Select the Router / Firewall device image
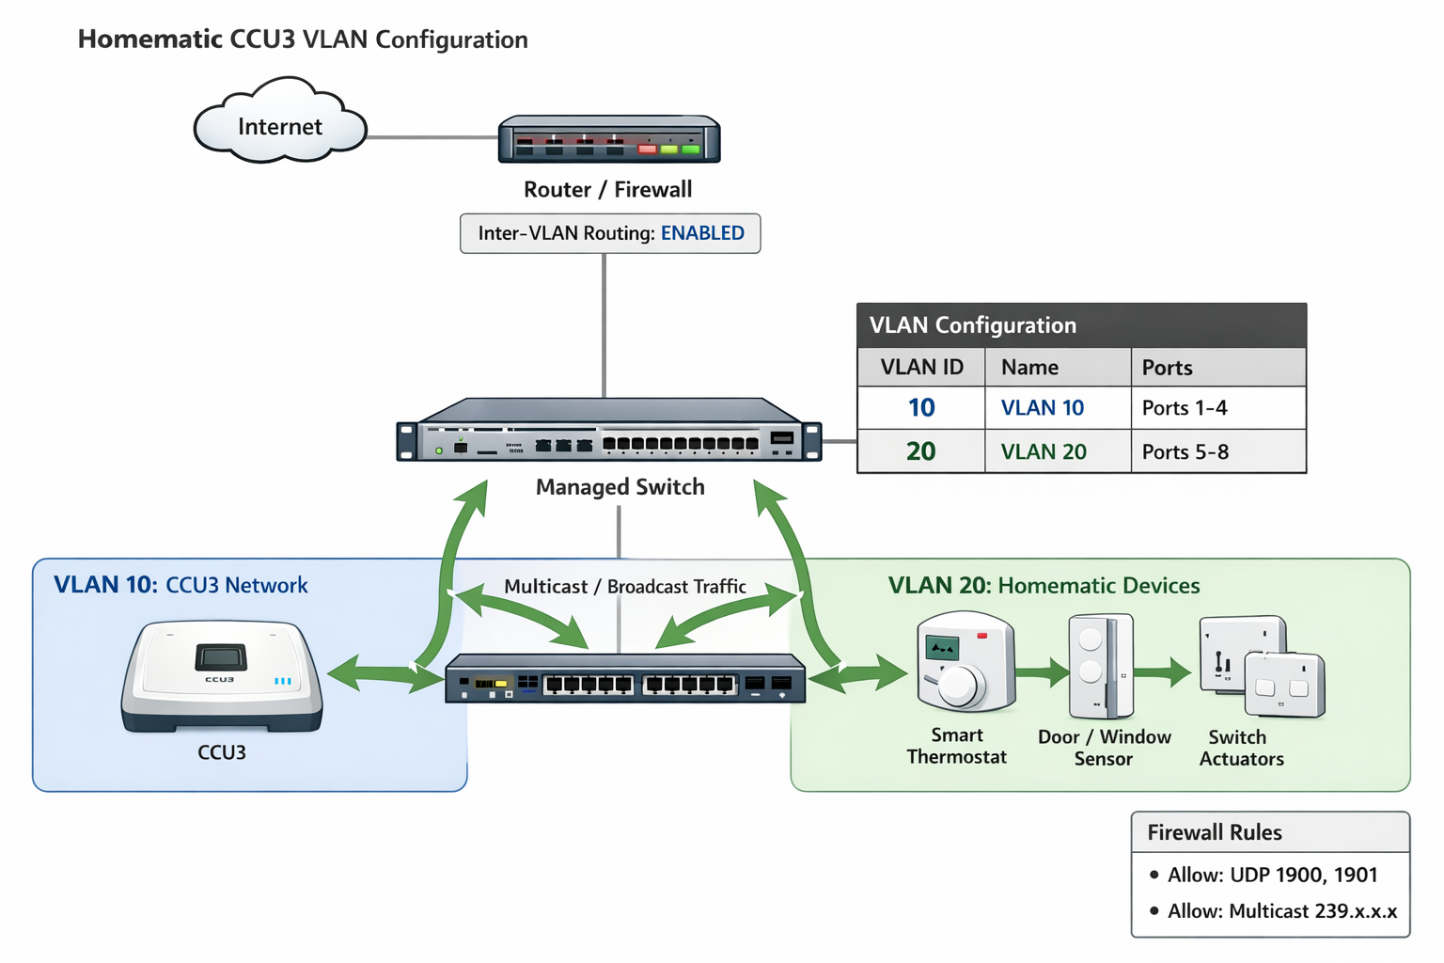click(x=609, y=140)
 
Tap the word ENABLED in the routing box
click(x=702, y=233)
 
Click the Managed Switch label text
click(x=620, y=487)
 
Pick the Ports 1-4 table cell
click(x=1185, y=408)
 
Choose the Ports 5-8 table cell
click(x=1185, y=452)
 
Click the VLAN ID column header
click(x=921, y=368)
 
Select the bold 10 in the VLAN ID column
click(x=921, y=408)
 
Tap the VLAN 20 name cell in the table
click(x=1044, y=452)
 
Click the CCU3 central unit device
click(x=222, y=674)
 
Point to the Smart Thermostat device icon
click(x=965, y=663)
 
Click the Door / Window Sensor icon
click(x=1100, y=666)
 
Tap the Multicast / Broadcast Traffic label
click(x=625, y=587)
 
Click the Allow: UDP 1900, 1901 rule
click(x=1272, y=876)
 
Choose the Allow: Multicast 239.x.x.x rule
click(x=1281, y=911)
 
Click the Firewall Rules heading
click(x=1215, y=833)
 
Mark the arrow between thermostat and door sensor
click(x=1043, y=672)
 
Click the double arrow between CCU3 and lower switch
click(x=385, y=674)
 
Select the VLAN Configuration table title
click(x=972, y=325)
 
